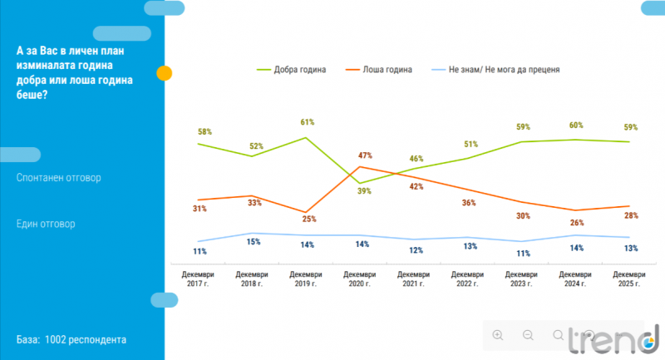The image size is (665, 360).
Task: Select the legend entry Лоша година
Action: tap(387, 69)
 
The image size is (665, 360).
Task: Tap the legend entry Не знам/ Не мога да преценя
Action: tap(494, 69)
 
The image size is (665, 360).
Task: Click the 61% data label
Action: tap(307, 122)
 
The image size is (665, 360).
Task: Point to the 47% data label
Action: tap(365, 155)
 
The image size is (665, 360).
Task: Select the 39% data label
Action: tap(365, 191)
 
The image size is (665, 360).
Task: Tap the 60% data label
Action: tap(576, 125)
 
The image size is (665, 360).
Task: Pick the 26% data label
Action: tap(576, 223)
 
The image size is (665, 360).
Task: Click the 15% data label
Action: tap(255, 243)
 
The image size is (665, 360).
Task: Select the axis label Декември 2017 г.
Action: tap(199, 279)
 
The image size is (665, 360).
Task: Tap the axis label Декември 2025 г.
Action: tap(629, 279)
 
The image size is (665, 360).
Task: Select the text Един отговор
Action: tap(46, 224)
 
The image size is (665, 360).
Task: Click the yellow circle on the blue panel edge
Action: tap(165, 72)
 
